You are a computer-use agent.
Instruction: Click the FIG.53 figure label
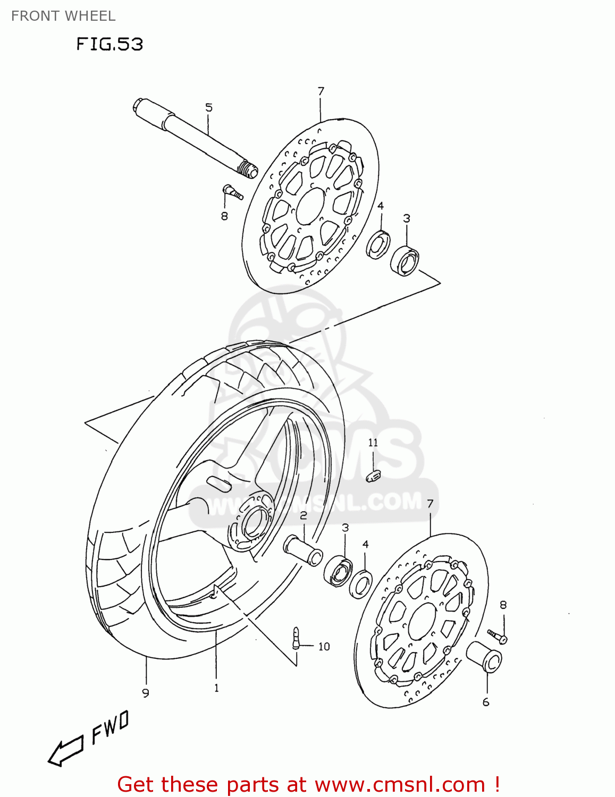pos(110,44)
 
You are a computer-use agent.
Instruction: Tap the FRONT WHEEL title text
pos(63,16)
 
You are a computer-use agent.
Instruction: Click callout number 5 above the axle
pos(209,108)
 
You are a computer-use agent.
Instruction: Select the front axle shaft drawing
pos(194,137)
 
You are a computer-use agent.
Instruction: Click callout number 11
pos(373,443)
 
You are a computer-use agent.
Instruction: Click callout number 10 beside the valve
pos(324,647)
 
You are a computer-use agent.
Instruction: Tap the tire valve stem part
pos(296,637)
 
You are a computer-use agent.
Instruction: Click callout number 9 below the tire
pos(146,693)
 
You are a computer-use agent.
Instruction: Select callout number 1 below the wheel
pos(216,688)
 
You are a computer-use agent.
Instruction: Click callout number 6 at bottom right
pos(486,702)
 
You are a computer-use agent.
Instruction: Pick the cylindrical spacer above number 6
pos(484,657)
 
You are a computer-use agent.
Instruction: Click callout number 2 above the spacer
pos(304,515)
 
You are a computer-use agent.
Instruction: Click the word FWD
pos(111,728)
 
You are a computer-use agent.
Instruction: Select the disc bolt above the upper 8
pos(233,192)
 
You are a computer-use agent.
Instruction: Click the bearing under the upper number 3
pos(406,261)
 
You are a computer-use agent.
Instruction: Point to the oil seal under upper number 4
pos(378,245)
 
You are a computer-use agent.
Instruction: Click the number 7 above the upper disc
pos(321,91)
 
